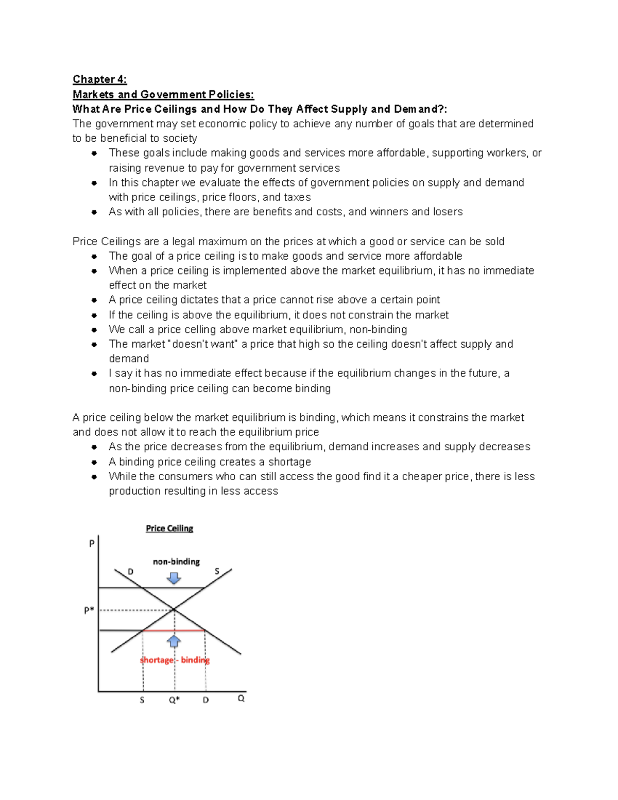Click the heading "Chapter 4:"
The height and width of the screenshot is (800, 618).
click(99, 79)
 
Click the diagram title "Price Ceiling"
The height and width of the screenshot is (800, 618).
click(169, 529)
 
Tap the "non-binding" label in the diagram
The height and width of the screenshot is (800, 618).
click(176, 561)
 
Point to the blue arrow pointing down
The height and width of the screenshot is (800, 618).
click(174, 577)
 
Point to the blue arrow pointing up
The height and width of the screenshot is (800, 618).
click(174, 641)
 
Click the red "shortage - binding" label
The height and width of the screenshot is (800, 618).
click(175, 660)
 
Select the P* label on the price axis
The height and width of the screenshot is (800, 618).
click(89, 610)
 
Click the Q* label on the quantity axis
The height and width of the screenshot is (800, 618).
click(174, 700)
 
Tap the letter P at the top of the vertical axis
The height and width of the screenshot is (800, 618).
click(92, 543)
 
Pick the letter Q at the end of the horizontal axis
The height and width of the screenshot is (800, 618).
click(241, 699)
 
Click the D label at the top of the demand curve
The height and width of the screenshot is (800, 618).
click(130, 572)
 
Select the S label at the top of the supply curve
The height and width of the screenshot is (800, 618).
click(217, 571)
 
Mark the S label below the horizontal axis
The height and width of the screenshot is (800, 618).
click(142, 700)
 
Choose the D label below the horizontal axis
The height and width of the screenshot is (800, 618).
click(205, 700)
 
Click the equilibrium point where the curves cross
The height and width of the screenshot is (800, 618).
click(174, 610)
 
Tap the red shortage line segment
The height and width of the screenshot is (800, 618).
click(174, 630)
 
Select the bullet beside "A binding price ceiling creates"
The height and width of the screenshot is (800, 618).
click(94, 462)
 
